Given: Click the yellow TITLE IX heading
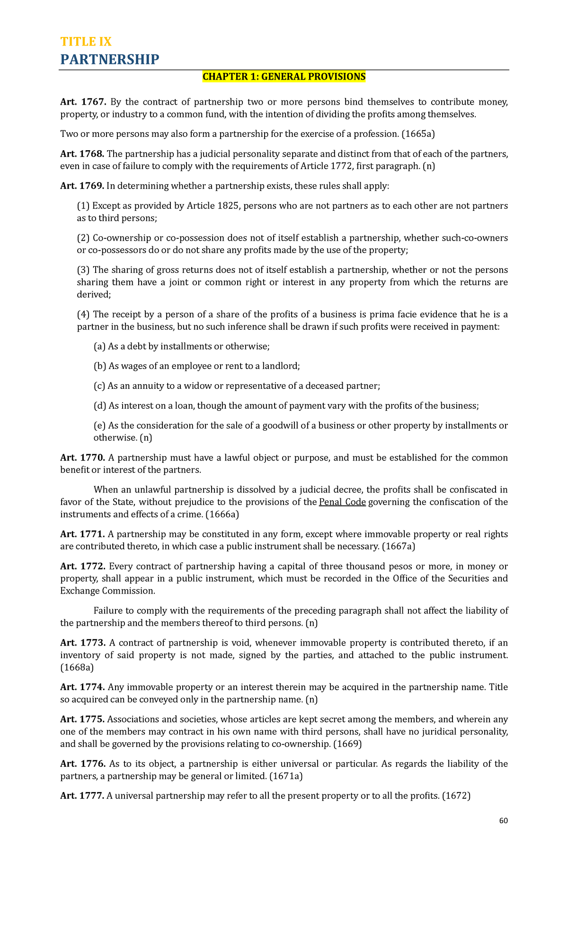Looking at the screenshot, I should (86, 42).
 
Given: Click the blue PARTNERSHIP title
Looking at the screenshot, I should (109, 60).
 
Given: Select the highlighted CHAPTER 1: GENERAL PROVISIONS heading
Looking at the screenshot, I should (284, 77).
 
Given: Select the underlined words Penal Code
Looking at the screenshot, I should (342, 502).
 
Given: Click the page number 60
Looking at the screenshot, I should (503, 821).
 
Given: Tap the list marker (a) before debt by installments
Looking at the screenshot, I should (99, 346).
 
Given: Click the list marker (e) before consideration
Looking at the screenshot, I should (99, 425).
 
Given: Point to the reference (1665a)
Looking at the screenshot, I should (418, 134).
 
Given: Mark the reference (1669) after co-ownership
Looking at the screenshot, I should (347, 744).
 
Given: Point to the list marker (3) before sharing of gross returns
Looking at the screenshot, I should (83, 270).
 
